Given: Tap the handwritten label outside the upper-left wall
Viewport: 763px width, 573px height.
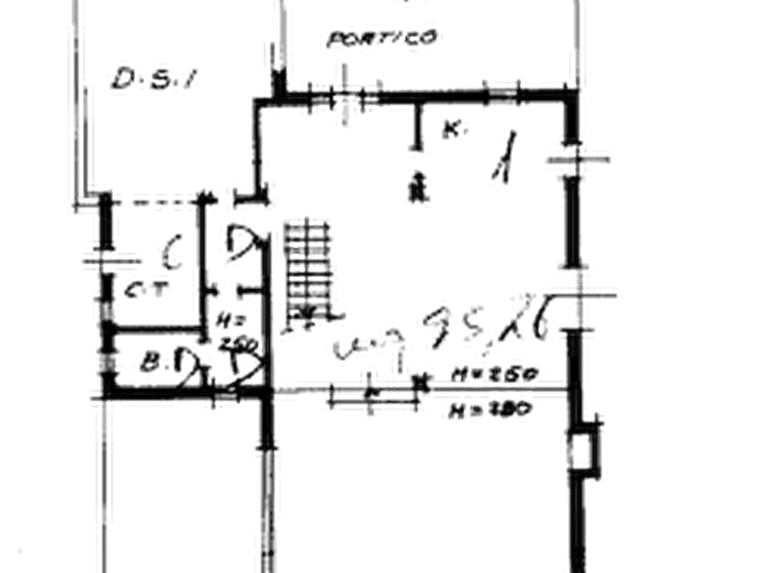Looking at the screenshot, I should [x=151, y=77].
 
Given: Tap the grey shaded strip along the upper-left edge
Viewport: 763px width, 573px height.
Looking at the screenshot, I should [x=75, y=86].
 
